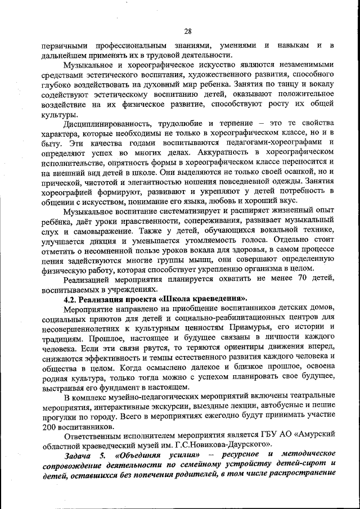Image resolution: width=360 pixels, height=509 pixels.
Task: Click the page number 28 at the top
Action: [187, 31]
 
